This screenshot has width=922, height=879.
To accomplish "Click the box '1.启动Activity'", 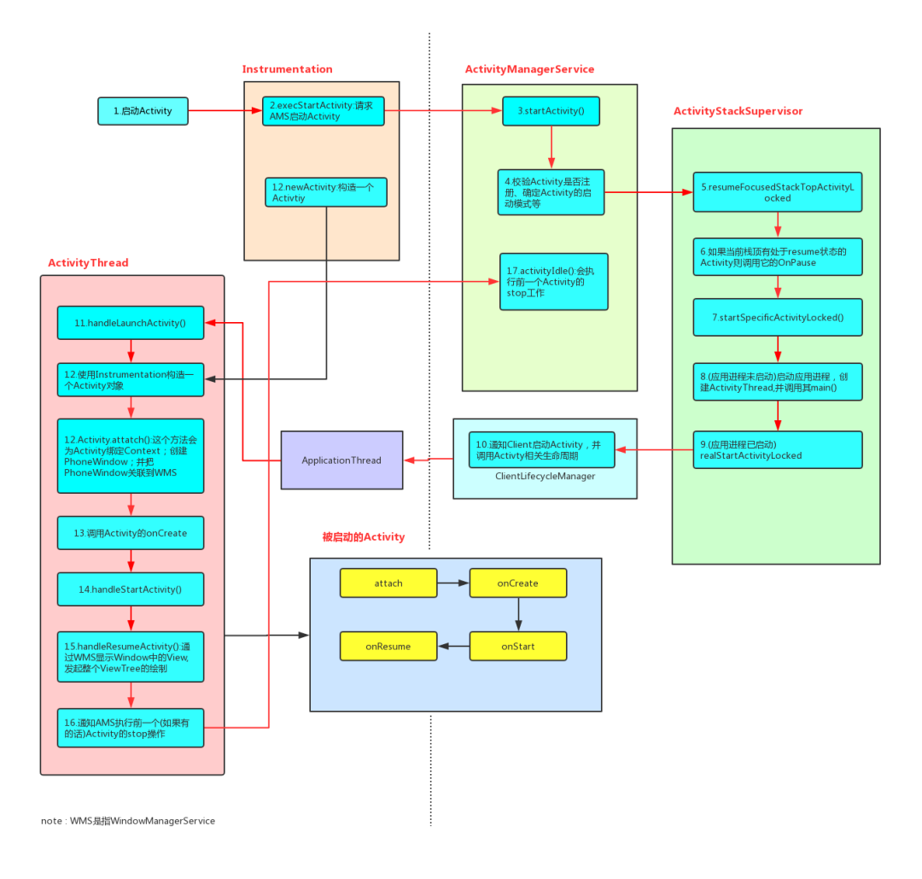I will point(143,111).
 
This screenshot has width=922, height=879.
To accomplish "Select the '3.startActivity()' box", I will point(551,111).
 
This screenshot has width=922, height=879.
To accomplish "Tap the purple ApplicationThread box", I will point(341,460).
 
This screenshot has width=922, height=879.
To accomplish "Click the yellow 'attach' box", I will point(388,583).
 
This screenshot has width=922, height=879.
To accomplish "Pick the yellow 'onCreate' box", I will point(518,583).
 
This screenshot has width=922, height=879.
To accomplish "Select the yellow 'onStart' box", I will point(518,647).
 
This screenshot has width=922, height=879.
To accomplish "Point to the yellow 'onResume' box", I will point(388,647).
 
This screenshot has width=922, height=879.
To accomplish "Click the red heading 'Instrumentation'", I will point(287,69).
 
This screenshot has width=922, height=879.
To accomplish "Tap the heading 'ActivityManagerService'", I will point(529,69).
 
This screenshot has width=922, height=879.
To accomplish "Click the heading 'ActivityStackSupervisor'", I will point(738,111).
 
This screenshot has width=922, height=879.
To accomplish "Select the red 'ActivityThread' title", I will point(88,262).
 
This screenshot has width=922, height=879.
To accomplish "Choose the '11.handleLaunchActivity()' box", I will point(131,323).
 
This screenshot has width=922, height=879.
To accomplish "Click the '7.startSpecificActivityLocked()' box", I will point(777,318).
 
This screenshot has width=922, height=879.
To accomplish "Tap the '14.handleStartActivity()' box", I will point(131,589).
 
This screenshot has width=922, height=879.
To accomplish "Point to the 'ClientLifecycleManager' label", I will point(545,476).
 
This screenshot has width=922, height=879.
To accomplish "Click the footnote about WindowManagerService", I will point(128,821).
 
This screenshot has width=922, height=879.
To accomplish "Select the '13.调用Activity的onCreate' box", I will point(131,533).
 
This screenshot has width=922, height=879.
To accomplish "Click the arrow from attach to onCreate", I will point(453,583).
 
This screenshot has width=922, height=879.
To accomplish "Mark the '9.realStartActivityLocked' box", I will point(777,449).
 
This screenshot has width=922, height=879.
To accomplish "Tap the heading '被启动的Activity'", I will point(363,537).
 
